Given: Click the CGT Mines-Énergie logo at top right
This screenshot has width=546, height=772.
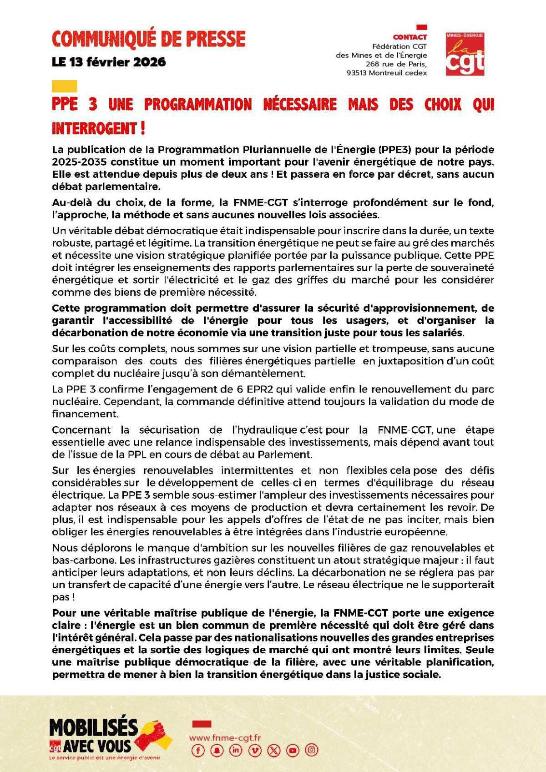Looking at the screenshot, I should tap(465, 53).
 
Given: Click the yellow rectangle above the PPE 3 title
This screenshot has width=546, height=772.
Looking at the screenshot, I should tap(64, 86).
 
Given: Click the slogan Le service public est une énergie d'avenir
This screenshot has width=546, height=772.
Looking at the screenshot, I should tap(104, 758).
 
